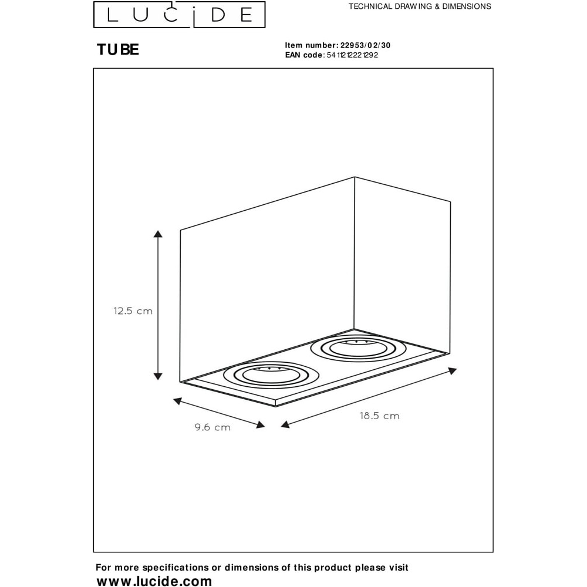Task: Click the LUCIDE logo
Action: [x=179, y=15]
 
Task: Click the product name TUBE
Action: [x=118, y=50]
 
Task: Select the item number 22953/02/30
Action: [x=365, y=45]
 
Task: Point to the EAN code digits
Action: [x=352, y=55]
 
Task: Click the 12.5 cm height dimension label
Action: [x=133, y=311]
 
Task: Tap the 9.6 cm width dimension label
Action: [x=212, y=427]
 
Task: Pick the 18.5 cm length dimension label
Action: [x=380, y=416]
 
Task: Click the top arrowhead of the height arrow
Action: [x=158, y=234]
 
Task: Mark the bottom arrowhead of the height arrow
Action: [x=158, y=376]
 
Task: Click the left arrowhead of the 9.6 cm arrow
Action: [x=177, y=402]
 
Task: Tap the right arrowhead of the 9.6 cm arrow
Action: [x=261, y=424]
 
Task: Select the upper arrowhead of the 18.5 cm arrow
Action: [x=453, y=371]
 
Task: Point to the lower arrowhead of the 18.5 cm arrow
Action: [x=285, y=424]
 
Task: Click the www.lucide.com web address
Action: [x=154, y=581]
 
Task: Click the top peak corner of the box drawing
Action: [x=355, y=177]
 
